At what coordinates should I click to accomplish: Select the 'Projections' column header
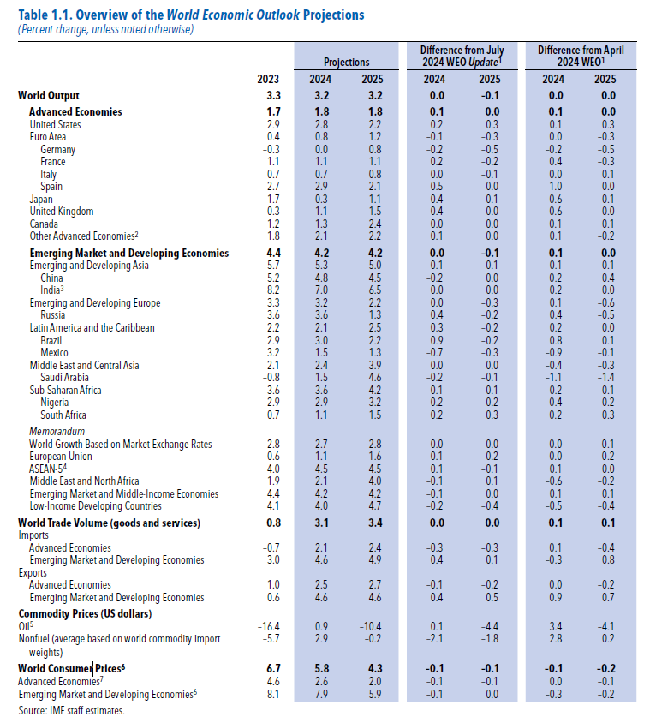[x=346, y=62]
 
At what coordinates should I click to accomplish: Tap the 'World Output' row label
[x=50, y=96]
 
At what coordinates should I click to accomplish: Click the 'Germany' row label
[x=57, y=149]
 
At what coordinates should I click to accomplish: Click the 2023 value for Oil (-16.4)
[x=268, y=627]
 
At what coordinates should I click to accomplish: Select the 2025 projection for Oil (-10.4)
[x=371, y=627]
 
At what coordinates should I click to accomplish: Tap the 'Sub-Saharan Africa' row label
[x=65, y=390]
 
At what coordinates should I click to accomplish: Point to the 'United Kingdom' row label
[x=62, y=211]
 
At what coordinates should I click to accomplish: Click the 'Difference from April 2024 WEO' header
[x=581, y=56]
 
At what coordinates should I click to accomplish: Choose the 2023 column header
[x=269, y=80]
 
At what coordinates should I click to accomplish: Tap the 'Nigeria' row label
[x=56, y=402]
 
